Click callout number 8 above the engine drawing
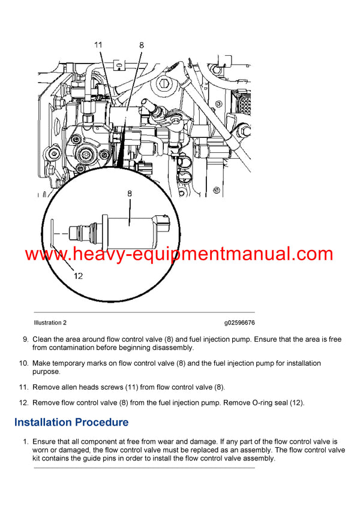point(142,44)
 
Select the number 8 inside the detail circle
point(130,194)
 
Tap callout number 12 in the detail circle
point(79,276)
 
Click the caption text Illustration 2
point(50,323)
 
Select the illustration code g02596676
point(239,323)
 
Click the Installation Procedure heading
point(71,422)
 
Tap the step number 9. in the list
point(25,339)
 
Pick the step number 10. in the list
point(23,363)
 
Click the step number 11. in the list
point(23,387)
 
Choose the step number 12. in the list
point(23,403)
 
